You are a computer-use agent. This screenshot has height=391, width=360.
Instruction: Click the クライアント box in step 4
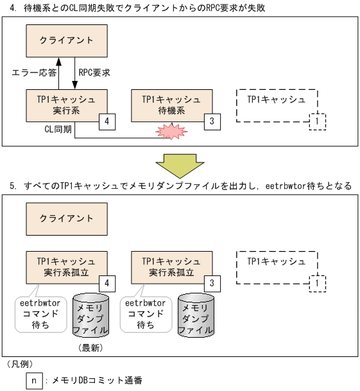[66, 40]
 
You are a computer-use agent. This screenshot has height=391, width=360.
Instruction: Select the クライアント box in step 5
[66, 218]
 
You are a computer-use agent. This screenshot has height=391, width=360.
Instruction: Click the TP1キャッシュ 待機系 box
[170, 105]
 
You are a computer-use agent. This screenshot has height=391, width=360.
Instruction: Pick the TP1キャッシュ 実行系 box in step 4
[66, 105]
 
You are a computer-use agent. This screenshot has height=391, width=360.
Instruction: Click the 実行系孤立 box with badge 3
[170, 267]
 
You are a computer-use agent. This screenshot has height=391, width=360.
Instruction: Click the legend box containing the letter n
[34, 380]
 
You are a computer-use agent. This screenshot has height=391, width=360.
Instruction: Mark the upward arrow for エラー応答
[59, 73]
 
